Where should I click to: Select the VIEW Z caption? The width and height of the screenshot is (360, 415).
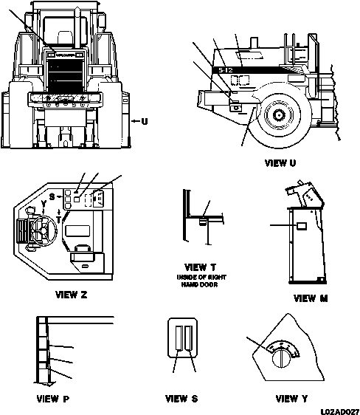(x=72, y=295)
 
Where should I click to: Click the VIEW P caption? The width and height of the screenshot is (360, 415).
(x=52, y=399)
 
